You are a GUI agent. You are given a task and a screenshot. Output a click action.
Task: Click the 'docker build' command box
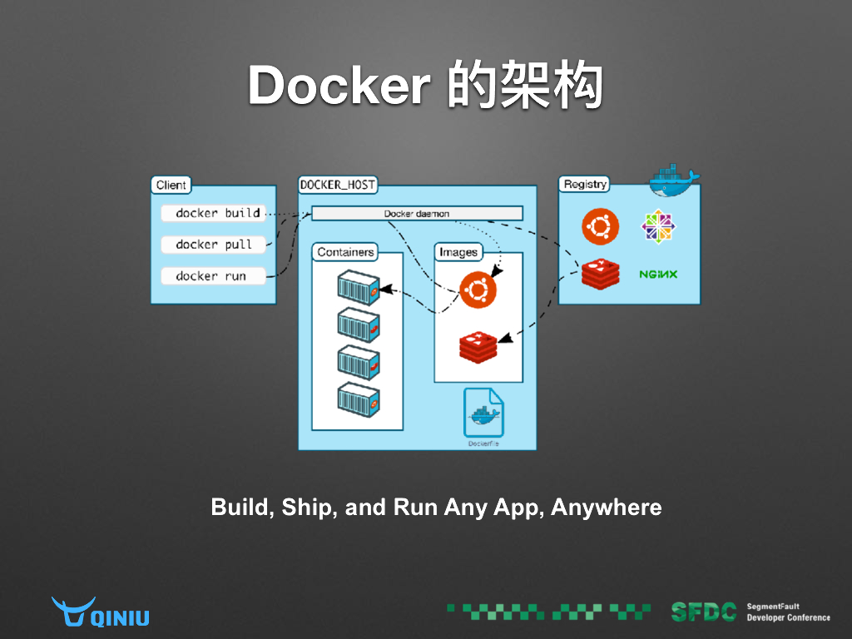(213, 213)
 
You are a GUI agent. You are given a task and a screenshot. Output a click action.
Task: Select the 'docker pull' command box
(213, 245)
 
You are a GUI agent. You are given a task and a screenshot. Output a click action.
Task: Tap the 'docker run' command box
(213, 276)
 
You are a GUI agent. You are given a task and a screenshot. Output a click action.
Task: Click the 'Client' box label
(171, 185)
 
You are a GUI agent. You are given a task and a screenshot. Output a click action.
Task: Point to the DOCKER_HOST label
(337, 185)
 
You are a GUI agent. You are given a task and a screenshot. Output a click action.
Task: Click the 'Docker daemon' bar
(417, 214)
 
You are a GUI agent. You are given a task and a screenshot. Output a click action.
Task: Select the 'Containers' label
(345, 251)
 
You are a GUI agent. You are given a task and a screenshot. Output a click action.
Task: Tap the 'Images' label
(458, 251)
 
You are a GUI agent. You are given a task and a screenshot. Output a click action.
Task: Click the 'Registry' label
(585, 184)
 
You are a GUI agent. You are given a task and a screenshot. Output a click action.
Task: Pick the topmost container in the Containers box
(359, 285)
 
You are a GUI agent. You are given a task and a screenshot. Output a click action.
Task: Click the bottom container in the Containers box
(359, 398)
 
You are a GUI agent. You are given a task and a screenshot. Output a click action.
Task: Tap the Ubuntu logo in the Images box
(477, 290)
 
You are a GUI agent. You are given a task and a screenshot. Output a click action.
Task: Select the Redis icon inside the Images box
(478, 345)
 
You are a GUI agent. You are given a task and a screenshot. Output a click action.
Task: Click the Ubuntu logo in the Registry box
(601, 226)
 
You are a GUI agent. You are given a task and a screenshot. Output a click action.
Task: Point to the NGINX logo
(658, 275)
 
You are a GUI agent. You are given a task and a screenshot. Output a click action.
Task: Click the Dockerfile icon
(483, 413)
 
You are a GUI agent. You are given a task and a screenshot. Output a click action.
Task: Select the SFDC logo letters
(704, 612)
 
